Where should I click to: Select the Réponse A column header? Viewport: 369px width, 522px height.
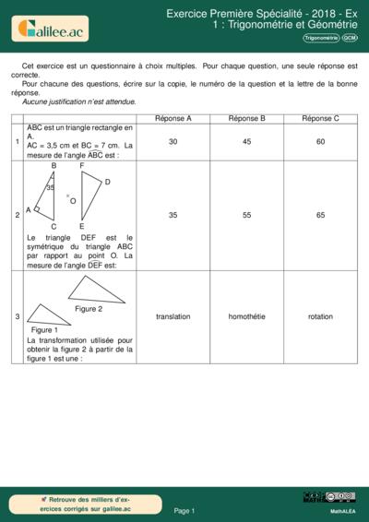[x=173, y=119]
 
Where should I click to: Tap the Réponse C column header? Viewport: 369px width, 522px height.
[x=320, y=119]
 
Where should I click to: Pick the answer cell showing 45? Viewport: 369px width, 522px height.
[x=246, y=142]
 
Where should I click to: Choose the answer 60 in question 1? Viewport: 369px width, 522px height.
[x=320, y=142]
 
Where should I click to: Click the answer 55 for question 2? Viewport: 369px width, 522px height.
[x=246, y=215]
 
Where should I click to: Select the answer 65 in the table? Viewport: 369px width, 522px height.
[x=320, y=215]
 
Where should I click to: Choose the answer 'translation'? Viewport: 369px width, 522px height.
[x=173, y=316]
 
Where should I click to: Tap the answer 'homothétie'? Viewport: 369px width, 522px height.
[x=246, y=316]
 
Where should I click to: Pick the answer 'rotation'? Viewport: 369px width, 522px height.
[x=320, y=316]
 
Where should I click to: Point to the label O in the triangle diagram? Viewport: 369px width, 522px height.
[x=73, y=199]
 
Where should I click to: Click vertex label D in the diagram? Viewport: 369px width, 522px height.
[x=107, y=182]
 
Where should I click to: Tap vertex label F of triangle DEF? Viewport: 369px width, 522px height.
[x=82, y=166]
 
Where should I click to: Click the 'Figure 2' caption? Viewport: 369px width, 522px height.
[x=89, y=309]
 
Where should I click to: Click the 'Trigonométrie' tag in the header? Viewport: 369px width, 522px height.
[x=320, y=39]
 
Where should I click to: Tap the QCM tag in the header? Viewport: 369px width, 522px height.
[x=351, y=39]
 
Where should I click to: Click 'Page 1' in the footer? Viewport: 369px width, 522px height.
[x=184, y=510]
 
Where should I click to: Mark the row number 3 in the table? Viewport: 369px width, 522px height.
[x=18, y=316]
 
